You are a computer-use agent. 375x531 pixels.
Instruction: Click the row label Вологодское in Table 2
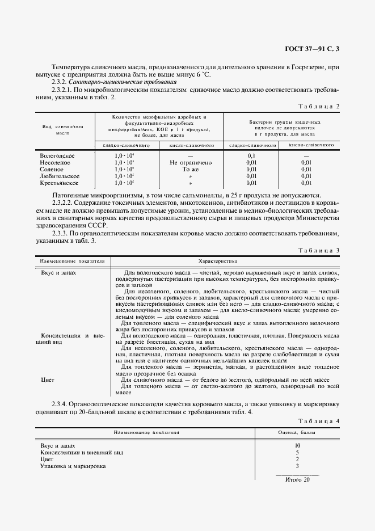[57, 155]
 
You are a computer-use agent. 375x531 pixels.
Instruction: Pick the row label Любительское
[60, 176]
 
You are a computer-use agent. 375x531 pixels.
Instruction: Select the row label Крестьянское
[59, 183]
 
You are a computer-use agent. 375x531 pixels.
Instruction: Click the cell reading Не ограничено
[190, 162]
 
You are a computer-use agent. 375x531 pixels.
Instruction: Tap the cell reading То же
[190, 169]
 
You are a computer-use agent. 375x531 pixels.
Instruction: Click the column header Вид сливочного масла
[63, 129]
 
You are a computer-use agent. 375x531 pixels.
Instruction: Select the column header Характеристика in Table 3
[218, 261]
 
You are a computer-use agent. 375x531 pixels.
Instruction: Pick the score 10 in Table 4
[297, 445]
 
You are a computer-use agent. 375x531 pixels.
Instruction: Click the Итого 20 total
[297, 480]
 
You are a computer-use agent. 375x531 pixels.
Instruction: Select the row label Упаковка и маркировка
[73, 466]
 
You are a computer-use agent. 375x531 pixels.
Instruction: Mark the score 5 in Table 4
[297, 452]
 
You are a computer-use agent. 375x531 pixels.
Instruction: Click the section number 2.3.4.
[62, 404]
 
